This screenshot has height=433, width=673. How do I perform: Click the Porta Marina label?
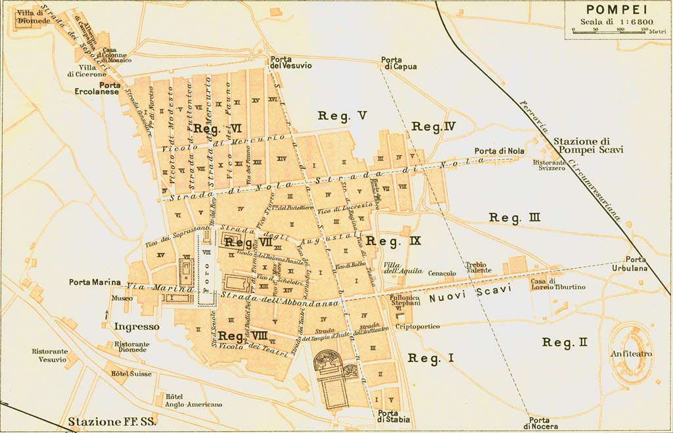click(x=95, y=283)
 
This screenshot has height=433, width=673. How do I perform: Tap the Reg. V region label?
click(x=342, y=116)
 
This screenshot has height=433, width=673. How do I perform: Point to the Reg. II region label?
click(x=565, y=342)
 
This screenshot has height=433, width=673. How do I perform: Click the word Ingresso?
click(x=136, y=326)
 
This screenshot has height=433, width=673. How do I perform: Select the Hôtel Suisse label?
click(x=131, y=374)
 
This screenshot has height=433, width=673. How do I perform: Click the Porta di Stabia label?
click(x=394, y=416)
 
